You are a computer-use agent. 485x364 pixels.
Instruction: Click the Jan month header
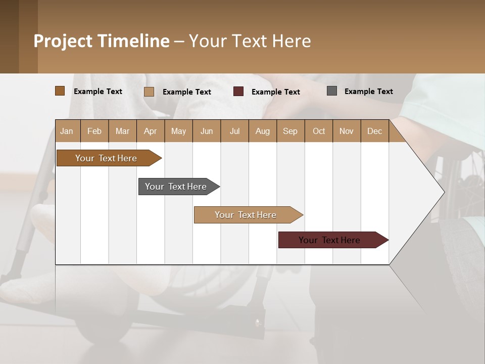(67, 131)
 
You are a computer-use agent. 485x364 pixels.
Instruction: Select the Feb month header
(94, 131)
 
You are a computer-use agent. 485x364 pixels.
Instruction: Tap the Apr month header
(150, 131)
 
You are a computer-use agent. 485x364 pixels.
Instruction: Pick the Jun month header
(207, 131)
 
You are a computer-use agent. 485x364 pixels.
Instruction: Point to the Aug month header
(262, 131)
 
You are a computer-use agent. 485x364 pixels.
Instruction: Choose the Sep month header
(290, 131)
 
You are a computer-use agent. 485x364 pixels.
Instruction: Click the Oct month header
(319, 131)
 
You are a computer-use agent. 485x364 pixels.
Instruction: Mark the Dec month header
(374, 131)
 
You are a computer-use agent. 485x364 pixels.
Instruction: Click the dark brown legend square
(60, 91)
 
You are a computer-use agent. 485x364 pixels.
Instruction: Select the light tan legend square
(149, 92)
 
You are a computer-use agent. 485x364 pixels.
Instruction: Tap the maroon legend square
(238, 92)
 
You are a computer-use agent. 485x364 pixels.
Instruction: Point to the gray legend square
(332, 91)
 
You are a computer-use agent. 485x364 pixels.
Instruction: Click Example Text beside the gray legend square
(368, 92)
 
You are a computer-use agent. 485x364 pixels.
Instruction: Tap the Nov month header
(347, 131)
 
